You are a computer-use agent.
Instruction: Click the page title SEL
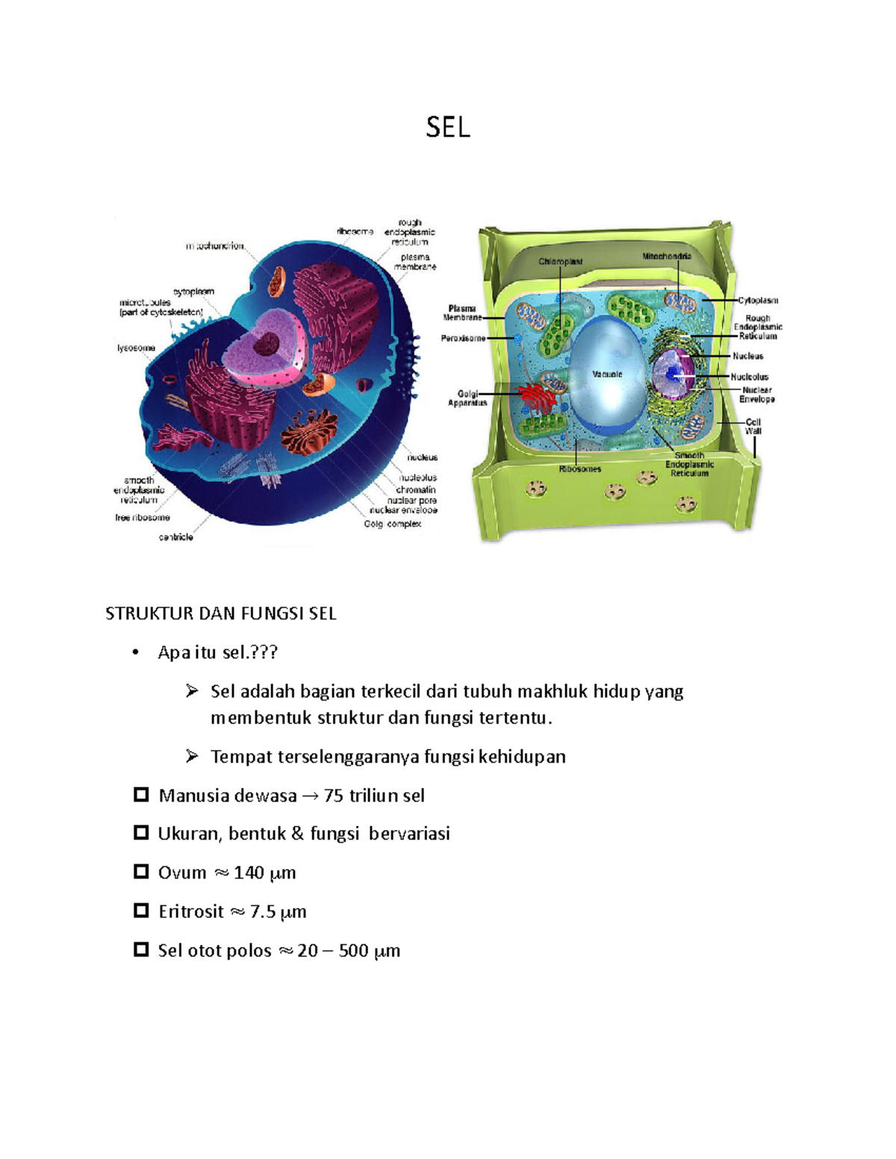[448, 128]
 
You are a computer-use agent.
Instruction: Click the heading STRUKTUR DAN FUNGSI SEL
[220, 613]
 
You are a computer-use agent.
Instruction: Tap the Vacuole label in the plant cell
[607, 374]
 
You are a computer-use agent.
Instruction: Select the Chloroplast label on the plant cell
[561, 261]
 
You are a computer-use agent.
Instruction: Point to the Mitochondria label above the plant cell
[667, 256]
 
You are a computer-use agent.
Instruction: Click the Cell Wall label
[753, 426]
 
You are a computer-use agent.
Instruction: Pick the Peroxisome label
[463, 338]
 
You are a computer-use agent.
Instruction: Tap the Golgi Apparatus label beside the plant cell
[467, 399]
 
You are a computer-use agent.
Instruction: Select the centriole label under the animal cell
[175, 537]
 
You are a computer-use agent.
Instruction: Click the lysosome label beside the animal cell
[136, 348]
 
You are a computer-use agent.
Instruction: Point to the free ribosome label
[142, 517]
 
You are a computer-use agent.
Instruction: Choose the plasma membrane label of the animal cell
[414, 262]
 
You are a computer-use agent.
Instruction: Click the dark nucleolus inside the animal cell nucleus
[265, 346]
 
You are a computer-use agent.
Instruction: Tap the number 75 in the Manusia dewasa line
[333, 796]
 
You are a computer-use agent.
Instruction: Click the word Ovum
[181, 872]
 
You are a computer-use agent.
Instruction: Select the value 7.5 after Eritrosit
[263, 911]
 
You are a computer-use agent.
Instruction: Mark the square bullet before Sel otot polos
[140, 949]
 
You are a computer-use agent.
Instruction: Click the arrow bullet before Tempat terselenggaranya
[192, 756]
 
